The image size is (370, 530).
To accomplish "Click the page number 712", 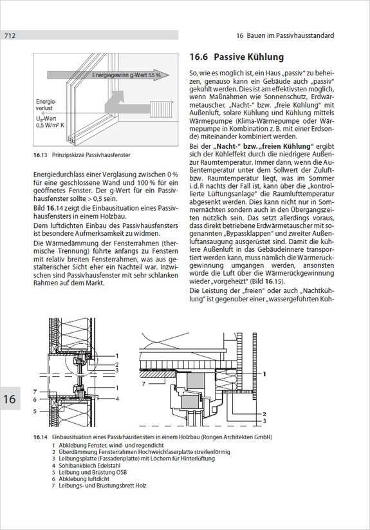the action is point(10,35).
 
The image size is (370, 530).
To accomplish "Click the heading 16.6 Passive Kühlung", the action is point(236,57).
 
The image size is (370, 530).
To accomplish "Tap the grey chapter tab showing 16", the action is point(10,399).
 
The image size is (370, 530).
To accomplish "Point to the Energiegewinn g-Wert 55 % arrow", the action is point(108,75).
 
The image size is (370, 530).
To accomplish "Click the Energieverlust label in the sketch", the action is point(46,105).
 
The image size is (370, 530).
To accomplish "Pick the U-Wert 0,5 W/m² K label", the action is point(50,122).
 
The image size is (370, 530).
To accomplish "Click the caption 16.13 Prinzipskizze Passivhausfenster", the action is point(82,155).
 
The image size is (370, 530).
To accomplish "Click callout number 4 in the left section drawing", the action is point(117,399).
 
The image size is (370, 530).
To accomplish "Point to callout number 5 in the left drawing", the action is point(35,412).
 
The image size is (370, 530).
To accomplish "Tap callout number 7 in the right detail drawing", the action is point(143,384).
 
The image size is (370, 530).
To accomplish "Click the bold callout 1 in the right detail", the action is point(264,374).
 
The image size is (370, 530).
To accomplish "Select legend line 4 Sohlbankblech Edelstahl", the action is point(82,466).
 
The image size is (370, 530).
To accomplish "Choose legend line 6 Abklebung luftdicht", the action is point(80,479).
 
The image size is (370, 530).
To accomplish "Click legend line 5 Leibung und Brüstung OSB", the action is point(89,472).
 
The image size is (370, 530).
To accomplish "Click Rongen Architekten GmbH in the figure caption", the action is point(237,437).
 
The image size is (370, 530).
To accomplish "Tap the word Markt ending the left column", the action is point(96,283).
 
